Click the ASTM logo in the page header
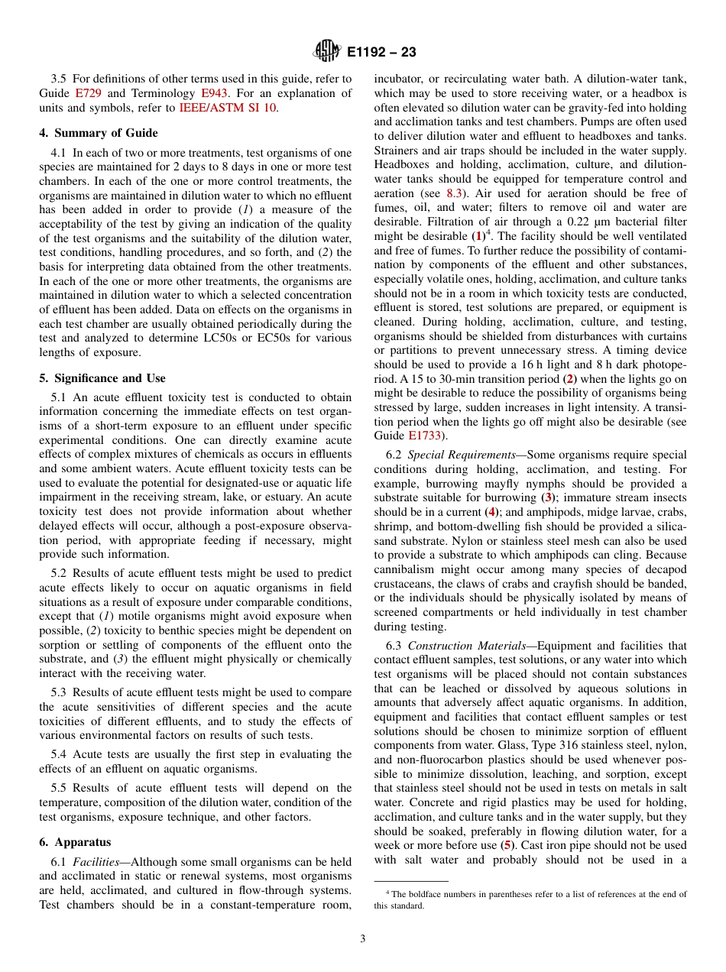[x=327, y=51]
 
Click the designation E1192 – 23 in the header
[x=381, y=52]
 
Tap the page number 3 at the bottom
[x=363, y=939]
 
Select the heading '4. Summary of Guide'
[x=99, y=133]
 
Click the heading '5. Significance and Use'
[x=102, y=378]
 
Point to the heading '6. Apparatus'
[x=75, y=842]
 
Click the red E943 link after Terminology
[x=214, y=93]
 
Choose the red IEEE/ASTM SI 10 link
[x=227, y=108]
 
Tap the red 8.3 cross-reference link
[x=454, y=193]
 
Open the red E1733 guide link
[x=424, y=436]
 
